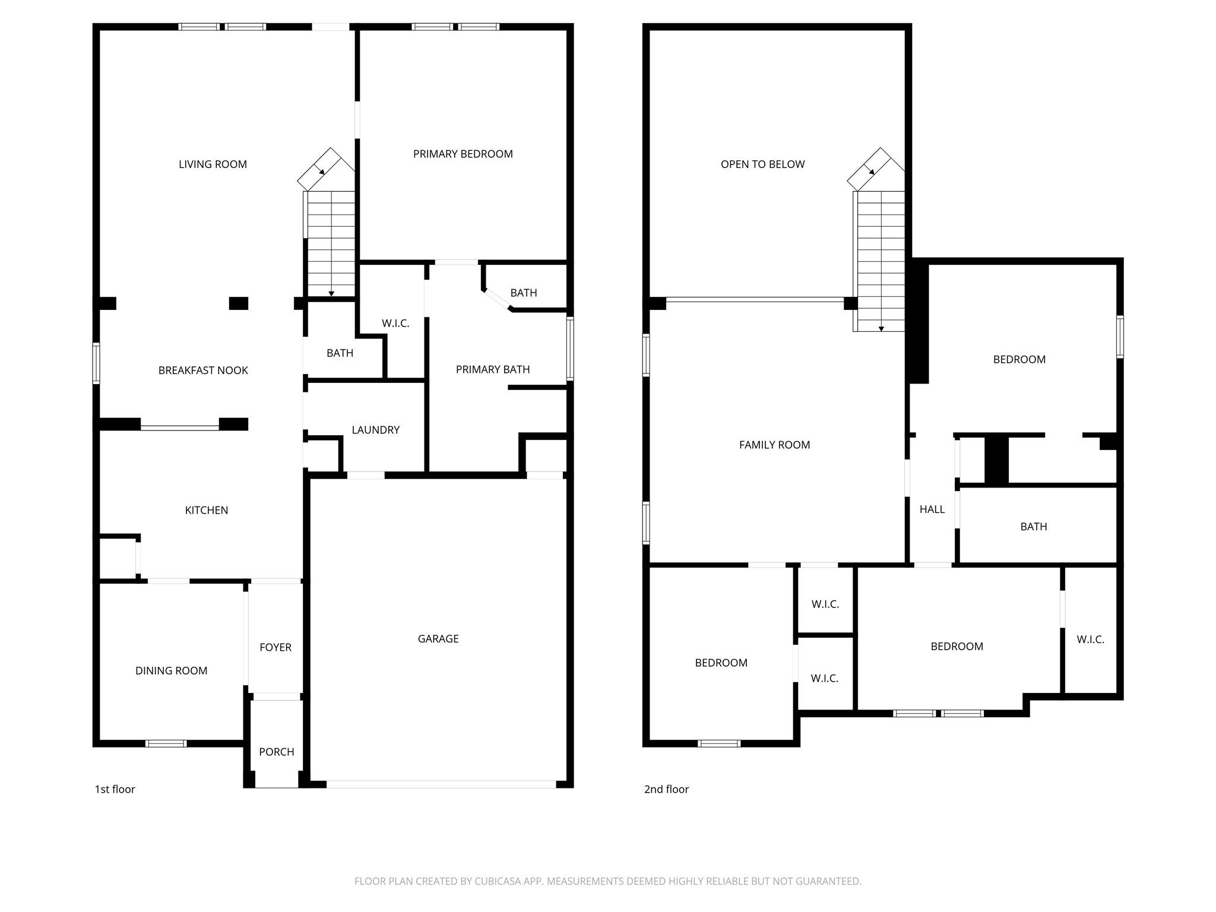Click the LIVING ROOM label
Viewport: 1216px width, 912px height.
pos(213,164)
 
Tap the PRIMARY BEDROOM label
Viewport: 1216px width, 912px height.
pos(463,154)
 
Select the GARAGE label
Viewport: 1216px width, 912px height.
pos(438,639)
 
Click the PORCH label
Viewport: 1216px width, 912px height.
pos(276,752)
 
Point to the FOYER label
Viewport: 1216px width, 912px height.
pos(275,647)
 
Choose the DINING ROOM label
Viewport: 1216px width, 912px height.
pos(171,671)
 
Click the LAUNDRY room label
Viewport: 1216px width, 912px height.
pos(375,430)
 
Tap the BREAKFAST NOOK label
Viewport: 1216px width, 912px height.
pos(203,370)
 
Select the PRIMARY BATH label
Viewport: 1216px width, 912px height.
pos(493,369)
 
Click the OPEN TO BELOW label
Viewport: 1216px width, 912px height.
pos(762,164)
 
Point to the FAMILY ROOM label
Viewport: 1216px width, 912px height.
pos(774,445)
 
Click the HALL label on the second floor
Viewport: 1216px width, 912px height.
pos(932,509)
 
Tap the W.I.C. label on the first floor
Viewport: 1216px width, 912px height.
pos(395,324)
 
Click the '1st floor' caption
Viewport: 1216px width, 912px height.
pos(115,789)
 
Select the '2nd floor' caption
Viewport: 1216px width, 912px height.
pos(666,789)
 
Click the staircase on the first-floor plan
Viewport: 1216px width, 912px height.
pos(330,243)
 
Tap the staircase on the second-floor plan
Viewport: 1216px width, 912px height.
pos(880,261)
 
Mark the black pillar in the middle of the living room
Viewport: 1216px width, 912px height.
pos(239,303)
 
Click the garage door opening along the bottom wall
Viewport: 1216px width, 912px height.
pos(441,784)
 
